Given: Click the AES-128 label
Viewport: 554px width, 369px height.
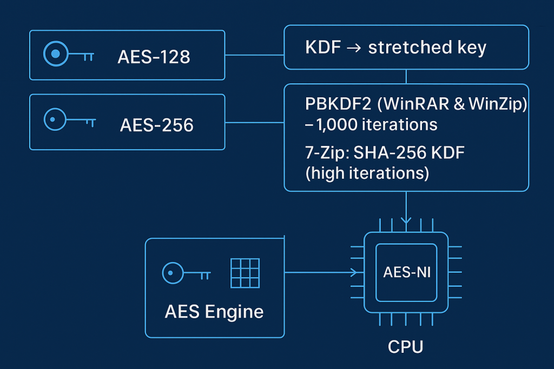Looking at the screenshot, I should coord(154,56).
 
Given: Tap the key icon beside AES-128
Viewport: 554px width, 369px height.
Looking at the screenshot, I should coord(68,55).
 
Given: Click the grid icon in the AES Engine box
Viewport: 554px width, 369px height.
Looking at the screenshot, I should coord(245,273).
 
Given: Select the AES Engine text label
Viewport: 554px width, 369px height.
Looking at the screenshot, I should coord(214,312).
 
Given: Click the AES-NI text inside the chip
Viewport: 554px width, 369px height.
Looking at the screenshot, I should coord(407,272).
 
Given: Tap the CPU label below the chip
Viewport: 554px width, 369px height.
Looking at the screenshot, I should coord(405,346).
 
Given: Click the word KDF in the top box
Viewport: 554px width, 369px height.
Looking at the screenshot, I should coord(323,48).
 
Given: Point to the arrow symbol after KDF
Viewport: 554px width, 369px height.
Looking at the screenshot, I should coord(353,48).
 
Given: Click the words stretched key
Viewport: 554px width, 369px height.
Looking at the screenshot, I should coord(427,48).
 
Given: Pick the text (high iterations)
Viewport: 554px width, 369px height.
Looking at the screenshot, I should coord(367,173).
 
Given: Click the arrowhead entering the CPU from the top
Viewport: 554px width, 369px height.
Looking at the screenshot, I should coord(406,220).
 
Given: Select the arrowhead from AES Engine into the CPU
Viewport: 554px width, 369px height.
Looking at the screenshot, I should coord(354,272).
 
